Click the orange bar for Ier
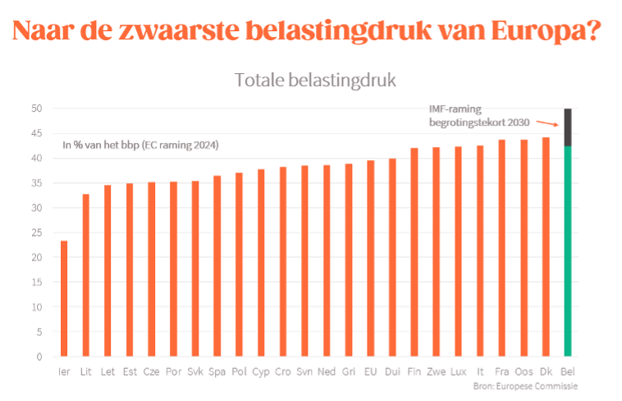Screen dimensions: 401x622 (64, 298)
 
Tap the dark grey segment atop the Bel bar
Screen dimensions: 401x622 (568, 127)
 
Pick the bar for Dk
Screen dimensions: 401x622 (546, 247)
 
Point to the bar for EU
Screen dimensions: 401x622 (370, 258)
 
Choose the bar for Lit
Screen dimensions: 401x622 (86, 275)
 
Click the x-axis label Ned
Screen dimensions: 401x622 (326, 372)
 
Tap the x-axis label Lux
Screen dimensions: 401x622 (458, 372)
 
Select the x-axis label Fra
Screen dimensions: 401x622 (501, 372)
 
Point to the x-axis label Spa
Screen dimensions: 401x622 (217, 372)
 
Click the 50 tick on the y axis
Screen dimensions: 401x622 (37, 108)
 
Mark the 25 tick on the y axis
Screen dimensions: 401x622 (37, 233)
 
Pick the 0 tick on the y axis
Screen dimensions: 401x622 (39, 357)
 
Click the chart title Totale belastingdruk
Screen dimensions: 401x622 (315, 80)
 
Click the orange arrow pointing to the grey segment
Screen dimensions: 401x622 (547, 122)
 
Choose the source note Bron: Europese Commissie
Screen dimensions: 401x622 (526, 385)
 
